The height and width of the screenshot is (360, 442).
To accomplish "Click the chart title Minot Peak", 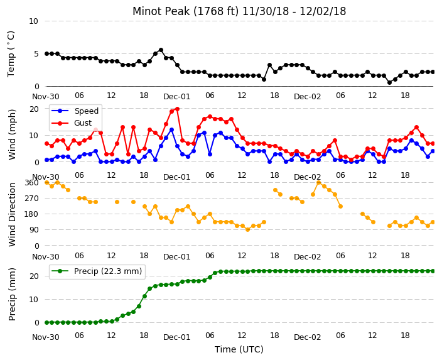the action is (x=161, y=11).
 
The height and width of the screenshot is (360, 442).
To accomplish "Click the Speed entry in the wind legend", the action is (x=75, y=111).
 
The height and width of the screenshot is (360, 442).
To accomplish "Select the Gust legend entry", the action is (x=72, y=123).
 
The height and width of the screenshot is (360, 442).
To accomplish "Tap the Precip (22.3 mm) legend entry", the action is (x=97, y=271).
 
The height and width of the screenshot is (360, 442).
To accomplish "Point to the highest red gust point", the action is (x=177, y=109).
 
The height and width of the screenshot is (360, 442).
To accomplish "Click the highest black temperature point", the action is (x=161, y=50).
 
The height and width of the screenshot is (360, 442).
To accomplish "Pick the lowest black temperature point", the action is (x=389, y=82).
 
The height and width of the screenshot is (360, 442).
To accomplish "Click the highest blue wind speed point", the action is (x=171, y=130).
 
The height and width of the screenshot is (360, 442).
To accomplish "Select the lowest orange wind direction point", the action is (x=248, y=230).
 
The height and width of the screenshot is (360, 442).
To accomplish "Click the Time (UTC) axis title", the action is (x=239, y=349).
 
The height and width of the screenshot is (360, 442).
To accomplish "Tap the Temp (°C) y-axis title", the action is (x=11, y=54).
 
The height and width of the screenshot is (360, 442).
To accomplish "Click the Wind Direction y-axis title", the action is (x=12, y=215).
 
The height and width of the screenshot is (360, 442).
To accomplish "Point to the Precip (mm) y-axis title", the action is (x=12, y=294).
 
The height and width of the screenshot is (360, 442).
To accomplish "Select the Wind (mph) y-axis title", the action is (x=12, y=134).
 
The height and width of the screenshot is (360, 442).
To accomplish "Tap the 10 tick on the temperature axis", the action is (x=33, y=21).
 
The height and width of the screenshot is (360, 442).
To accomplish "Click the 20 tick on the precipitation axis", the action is (x=34, y=276).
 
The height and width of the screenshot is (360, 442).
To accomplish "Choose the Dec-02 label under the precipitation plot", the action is (x=307, y=337).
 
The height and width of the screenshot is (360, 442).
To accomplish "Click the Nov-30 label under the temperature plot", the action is (x=46, y=97).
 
